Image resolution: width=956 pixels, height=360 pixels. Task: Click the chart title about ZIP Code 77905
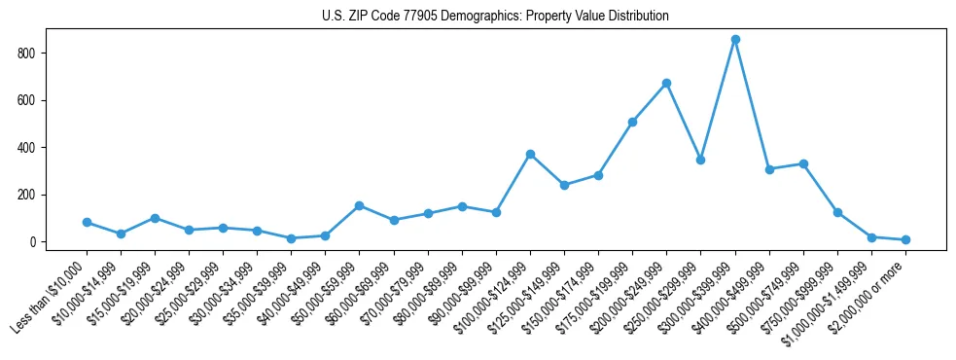pyautogui.click(x=495, y=17)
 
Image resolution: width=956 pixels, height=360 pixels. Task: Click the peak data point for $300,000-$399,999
pyautogui.click(x=735, y=40)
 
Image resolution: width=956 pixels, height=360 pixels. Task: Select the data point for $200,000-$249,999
pyautogui.click(x=666, y=84)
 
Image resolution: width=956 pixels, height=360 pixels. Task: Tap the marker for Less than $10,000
pyautogui.click(x=87, y=223)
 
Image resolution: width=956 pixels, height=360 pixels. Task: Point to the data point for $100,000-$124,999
pyautogui.click(x=530, y=154)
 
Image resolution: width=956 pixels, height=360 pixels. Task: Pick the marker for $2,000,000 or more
pyautogui.click(x=905, y=239)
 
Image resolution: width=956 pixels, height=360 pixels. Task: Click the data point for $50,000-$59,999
pyautogui.click(x=360, y=206)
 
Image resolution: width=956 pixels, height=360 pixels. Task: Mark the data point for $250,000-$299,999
pyautogui.click(x=700, y=160)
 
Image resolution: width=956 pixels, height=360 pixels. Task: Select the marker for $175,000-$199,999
pyautogui.click(x=632, y=123)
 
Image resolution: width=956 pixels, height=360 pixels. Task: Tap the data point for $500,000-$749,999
pyautogui.click(x=803, y=163)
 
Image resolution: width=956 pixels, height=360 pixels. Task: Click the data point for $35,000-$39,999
pyautogui.click(x=291, y=238)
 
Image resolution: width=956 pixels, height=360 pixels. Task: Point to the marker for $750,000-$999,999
pyautogui.click(x=837, y=212)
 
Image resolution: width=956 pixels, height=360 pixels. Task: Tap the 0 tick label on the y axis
pyautogui.click(x=34, y=242)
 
